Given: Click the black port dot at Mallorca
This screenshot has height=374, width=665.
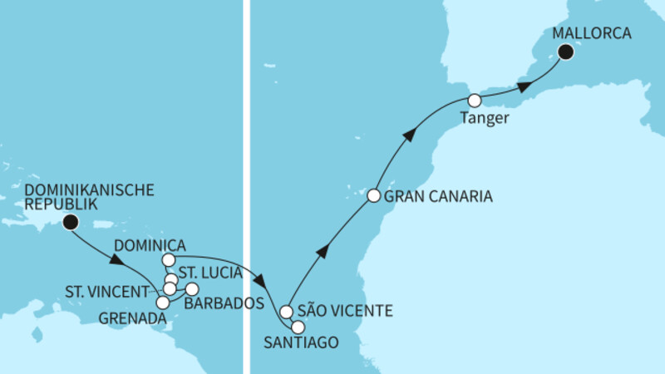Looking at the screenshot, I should (567, 54).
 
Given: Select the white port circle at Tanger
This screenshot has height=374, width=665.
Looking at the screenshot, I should (475, 101).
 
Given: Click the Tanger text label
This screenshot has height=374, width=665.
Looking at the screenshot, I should (482, 121).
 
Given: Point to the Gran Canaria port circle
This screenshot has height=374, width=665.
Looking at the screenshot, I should (374, 197).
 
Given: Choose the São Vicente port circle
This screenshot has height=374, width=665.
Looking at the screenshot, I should (287, 312).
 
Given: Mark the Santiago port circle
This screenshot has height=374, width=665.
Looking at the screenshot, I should (298, 327).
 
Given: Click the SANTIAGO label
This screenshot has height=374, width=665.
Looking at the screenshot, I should (300, 343).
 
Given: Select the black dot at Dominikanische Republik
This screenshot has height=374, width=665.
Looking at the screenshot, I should (70, 222).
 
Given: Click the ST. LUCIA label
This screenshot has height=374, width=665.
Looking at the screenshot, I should (212, 273).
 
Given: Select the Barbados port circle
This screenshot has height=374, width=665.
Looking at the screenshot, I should (192, 289).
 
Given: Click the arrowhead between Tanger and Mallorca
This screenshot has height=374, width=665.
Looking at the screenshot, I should (523, 86).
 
